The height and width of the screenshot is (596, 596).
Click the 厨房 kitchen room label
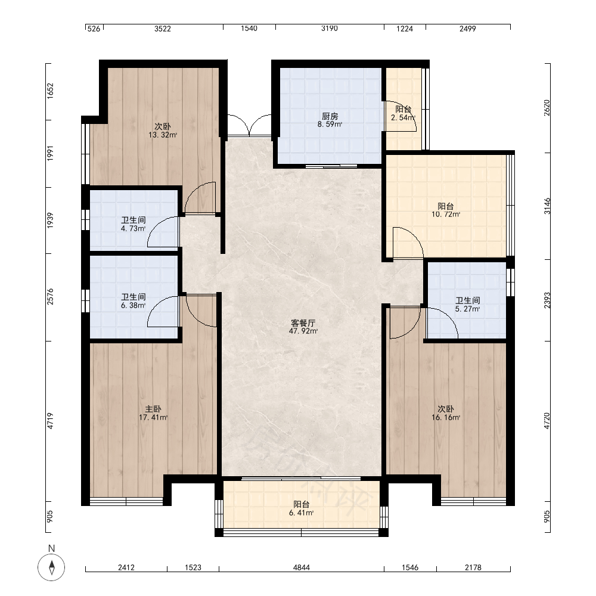coord(330,116)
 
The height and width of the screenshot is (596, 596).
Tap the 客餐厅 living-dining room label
coord(303,323)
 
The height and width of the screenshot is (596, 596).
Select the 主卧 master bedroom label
coord(153,409)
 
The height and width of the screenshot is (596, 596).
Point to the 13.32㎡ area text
coord(163,135)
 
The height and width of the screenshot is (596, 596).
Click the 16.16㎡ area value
coord(445,417)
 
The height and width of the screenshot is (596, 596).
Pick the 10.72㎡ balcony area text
coord(445,215)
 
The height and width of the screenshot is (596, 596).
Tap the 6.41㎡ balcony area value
coord(301,513)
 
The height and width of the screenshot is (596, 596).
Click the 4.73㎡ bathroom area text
coord(133,228)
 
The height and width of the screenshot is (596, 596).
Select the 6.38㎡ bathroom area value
coord(133,305)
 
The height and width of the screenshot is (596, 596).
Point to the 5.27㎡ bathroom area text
coord(467,309)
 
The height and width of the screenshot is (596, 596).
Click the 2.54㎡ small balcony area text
coord(403,118)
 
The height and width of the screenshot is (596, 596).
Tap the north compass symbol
coord(51,567)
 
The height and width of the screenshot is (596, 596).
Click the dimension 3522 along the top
coord(163,29)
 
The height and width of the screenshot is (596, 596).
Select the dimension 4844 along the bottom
coord(301,567)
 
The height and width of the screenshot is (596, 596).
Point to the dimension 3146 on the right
coord(547,206)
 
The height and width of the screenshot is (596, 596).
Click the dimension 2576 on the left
coord(50,297)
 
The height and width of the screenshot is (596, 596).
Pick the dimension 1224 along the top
coord(405,29)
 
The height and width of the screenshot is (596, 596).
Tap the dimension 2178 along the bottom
coord(473,567)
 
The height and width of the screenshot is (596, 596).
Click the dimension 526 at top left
coord(94,29)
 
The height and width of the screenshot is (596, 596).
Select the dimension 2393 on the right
coord(547,300)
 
